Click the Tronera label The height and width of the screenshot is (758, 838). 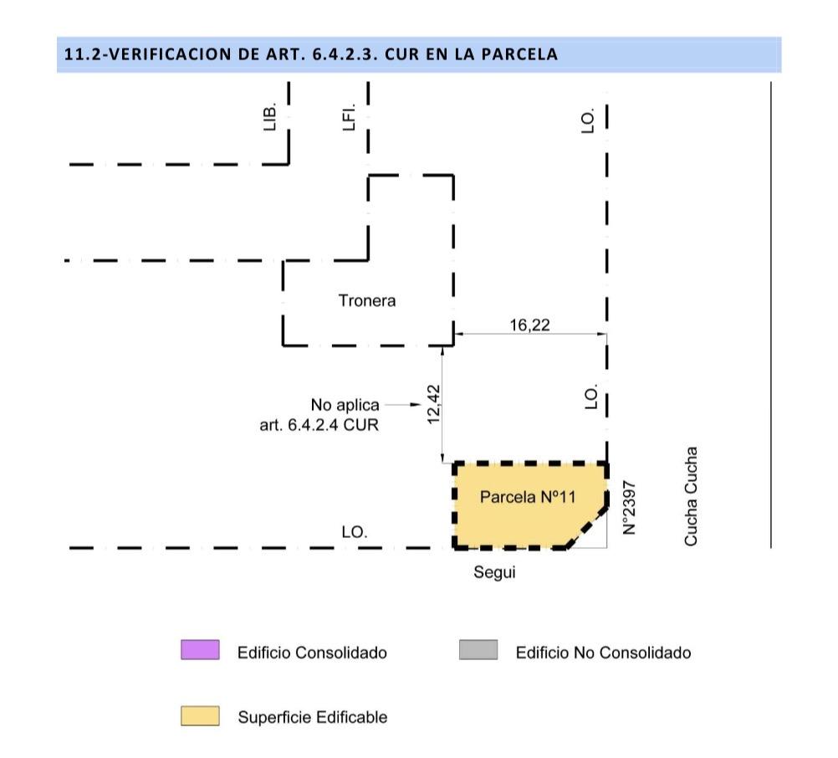point(366,300)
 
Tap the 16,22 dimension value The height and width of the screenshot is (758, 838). point(529,325)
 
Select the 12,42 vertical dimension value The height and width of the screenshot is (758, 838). point(433,405)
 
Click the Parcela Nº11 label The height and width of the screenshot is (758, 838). point(528,497)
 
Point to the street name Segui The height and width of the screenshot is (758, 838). point(494,572)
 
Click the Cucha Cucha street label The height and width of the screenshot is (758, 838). point(691,496)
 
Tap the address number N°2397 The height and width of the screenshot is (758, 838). point(629,508)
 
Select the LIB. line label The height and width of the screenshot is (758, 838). point(270,116)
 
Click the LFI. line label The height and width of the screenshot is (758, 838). point(349,117)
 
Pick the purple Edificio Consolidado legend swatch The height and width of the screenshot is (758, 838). point(200,649)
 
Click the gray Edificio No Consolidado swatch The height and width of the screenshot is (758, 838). point(478,649)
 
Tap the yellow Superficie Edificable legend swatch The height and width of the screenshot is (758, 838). point(200,716)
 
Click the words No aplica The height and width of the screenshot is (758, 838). point(345,405)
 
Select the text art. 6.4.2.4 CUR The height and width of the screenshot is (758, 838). point(319,425)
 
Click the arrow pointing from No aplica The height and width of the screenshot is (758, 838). point(403,405)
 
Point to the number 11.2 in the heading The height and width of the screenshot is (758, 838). point(80,54)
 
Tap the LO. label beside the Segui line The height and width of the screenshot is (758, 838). point(355,532)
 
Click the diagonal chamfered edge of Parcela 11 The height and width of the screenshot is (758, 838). point(587,526)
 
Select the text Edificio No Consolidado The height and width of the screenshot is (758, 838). point(603,653)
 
